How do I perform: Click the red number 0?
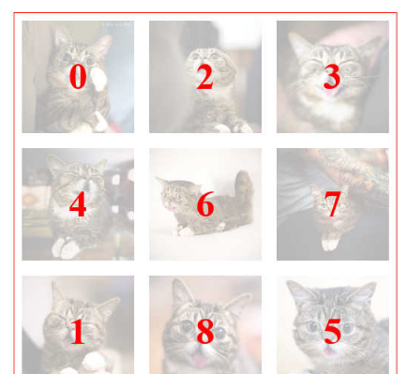tap(78, 77)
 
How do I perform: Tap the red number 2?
tap(205, 77)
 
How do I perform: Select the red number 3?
tap(332, 77)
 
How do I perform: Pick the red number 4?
tap(78, 204)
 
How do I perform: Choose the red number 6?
tap(205, 204)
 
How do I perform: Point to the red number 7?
tap(332, 204)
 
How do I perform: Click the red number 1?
tap(77, 332)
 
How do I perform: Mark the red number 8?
tap(205, 332)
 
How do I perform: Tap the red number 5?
tap(332, 332)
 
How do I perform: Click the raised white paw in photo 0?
tap(99, 80)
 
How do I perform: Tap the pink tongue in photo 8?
tap(200, 359)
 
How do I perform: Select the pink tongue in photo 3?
tap(330, 92)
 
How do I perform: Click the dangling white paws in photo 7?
tap(330, 245)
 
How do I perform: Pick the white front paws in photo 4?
tap(66, 247)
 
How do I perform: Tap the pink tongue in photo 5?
tap(329, 351)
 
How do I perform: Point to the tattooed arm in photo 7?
tap(350, 172)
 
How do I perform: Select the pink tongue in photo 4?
tap(87, 197)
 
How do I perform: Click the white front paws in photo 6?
tap(183, 231)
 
